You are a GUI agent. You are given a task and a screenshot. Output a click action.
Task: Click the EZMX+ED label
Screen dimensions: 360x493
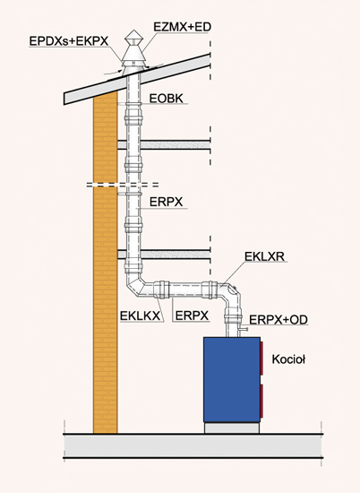click(182, 27)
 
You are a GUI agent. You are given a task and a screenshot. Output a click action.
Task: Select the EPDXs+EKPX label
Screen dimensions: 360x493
click(68, 41)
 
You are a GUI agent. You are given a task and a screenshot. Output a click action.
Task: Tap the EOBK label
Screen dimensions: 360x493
click(167, 99)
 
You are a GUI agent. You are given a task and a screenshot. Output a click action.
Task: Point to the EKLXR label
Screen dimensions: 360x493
click(264, 256)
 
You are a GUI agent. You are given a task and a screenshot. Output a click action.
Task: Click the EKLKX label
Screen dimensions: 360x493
click(140, 316)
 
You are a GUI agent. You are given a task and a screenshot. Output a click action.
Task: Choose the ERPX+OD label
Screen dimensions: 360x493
click(279, 320)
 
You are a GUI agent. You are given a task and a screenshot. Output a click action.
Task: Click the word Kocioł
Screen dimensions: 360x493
click(288, 359)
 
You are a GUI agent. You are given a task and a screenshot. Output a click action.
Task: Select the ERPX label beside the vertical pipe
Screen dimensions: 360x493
click(166, 202)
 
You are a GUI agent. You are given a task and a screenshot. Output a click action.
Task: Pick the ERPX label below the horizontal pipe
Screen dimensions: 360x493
click(192, 316)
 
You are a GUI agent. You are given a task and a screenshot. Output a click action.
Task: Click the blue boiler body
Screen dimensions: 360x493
click(232, 379)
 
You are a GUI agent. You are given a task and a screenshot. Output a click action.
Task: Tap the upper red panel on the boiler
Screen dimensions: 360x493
click(261, 359)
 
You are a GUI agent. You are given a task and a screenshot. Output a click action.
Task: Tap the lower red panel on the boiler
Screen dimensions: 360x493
click(261, 402)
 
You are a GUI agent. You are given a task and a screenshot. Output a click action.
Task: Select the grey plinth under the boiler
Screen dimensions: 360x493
click(232, 428)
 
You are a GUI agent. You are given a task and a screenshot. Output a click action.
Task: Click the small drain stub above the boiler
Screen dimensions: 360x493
click(244, 329)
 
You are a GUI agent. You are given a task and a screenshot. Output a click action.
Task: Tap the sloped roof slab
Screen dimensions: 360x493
click(137, 79)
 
